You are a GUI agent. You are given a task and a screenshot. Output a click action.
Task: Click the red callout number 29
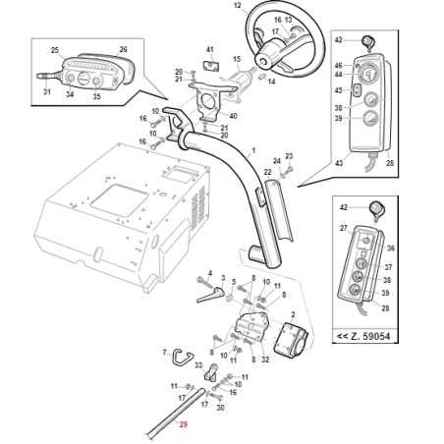click(182, 424)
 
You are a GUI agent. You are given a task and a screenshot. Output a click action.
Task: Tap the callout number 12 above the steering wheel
click(237, 6)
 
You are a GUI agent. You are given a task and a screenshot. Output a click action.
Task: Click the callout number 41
click(209, 49)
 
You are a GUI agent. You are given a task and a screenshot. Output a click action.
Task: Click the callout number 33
click(199, 365)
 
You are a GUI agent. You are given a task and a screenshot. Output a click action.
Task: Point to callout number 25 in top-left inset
click(54, 49)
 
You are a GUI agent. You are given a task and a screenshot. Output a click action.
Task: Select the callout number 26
click(123, 49)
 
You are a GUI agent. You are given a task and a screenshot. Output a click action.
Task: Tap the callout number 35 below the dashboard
click(96, 96)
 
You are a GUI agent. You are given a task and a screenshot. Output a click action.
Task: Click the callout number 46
click(338, 64)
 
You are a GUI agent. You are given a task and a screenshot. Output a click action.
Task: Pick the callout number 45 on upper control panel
click(338, 91)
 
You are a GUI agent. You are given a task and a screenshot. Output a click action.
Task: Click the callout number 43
click(340, 163)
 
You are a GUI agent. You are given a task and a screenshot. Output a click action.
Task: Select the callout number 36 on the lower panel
click(390, 248)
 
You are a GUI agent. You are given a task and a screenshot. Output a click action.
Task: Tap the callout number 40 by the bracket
click(233, 116)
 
